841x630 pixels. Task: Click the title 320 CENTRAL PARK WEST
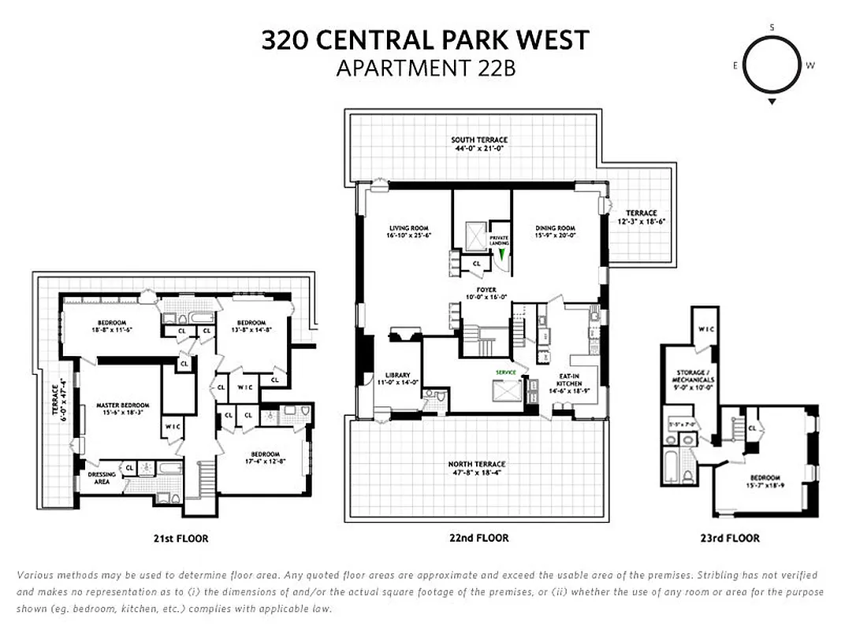[425, 40]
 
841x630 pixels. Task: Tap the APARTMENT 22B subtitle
[425, 68]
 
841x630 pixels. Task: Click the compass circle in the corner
[772, 65]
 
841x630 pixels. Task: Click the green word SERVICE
[504, 372]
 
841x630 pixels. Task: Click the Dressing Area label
[102, 477]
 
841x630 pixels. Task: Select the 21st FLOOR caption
[180, 539]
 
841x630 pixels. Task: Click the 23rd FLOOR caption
[732, 538]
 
